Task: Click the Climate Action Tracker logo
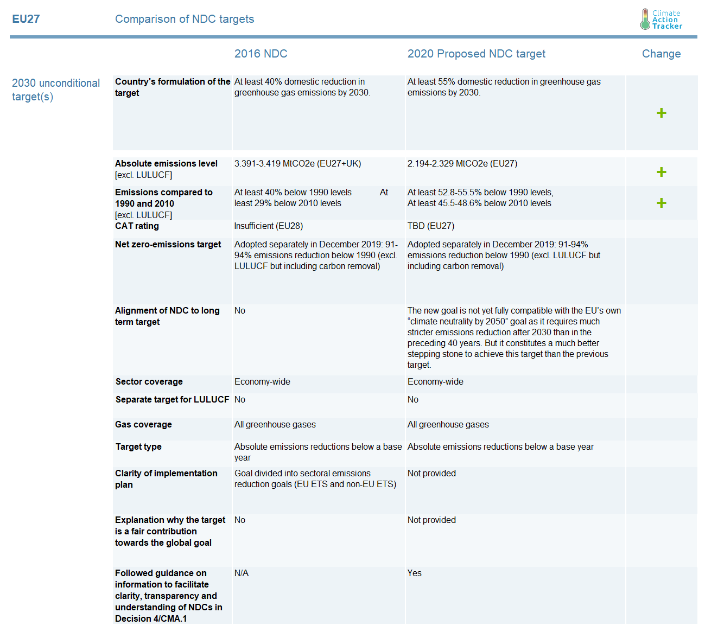(660, 20)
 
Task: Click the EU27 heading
(26, 19)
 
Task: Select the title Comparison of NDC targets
(185, 19)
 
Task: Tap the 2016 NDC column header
(261, 54)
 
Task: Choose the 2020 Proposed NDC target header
(476, 54)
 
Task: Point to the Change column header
(661, 54)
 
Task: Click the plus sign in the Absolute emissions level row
(661, 172)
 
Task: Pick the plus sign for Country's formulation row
(661, 113)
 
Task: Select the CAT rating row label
(137, 226)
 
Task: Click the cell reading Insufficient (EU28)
(269, 226)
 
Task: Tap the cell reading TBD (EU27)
(431, 226)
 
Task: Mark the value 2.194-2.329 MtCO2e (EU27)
(462, 164)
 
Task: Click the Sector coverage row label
(149, 382)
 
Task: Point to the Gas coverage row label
(143, 425)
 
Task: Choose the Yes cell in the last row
(414, 573)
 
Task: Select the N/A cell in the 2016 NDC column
(241, 573)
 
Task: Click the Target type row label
(138, 447)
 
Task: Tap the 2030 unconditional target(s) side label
(56, 90)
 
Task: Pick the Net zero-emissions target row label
(168, 245)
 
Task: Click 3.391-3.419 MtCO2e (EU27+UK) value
(297, 164)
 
